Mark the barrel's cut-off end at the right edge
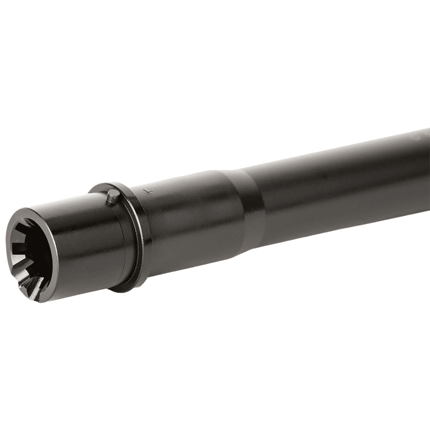tap(426, 158)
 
